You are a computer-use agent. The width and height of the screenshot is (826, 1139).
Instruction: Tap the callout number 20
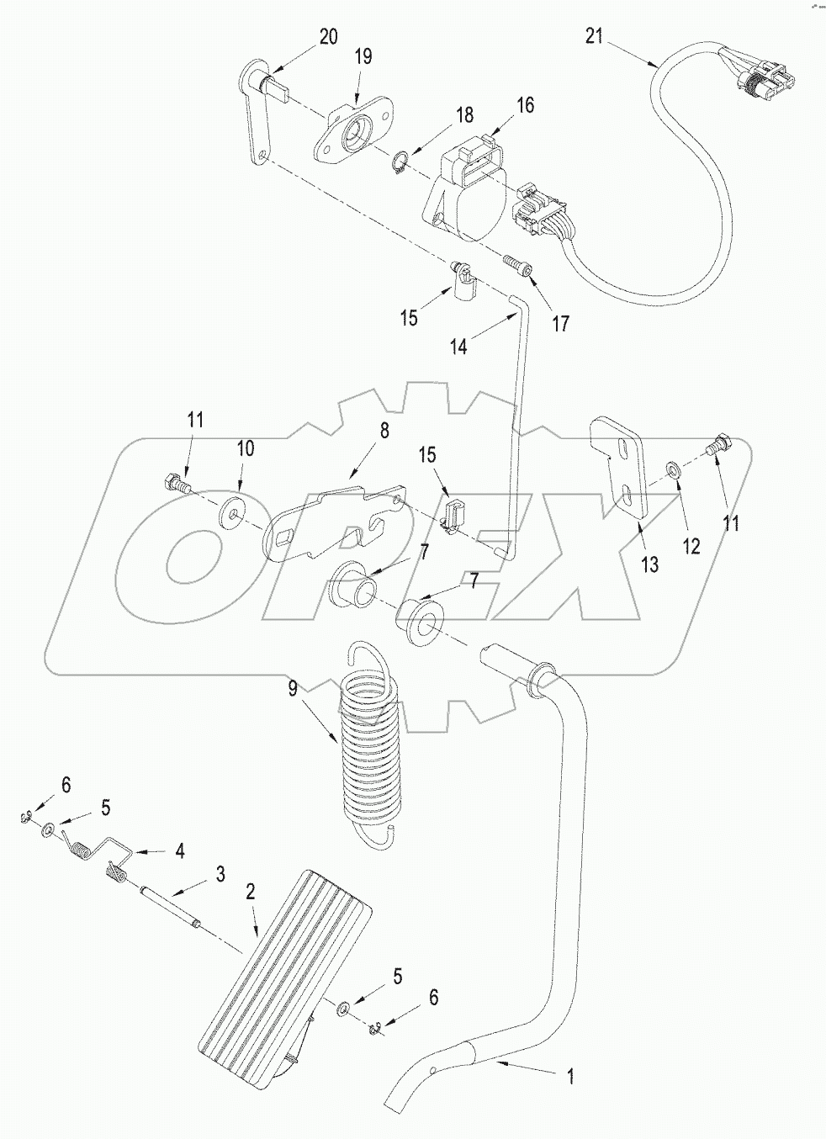(328, 35)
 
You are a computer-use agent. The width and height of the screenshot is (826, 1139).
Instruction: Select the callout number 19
(363, 56)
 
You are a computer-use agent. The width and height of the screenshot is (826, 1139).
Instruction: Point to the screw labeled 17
(514, 265)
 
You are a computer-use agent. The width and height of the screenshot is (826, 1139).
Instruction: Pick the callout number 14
(458, 346)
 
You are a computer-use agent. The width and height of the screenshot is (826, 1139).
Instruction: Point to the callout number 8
(384, 431)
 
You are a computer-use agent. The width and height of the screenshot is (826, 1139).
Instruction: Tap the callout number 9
(293, 688)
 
